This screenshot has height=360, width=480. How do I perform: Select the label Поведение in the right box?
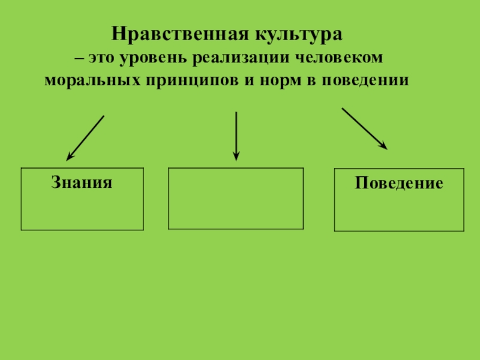398,183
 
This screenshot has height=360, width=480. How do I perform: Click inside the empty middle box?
235,198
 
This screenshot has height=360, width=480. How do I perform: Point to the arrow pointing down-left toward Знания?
86,137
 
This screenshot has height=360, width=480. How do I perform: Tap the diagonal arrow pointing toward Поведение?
363,127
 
